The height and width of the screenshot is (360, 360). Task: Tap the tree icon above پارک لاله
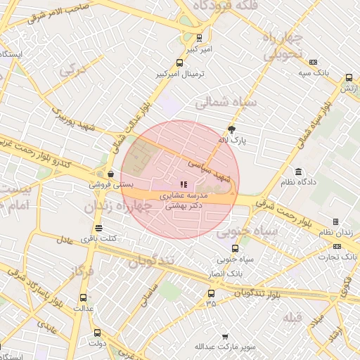tap(232, 129)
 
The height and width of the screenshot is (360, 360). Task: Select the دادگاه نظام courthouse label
tap(300, 182)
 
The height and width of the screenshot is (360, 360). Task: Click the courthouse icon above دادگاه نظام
tap(299, 172)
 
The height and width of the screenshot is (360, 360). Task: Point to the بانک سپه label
tap(313, 72)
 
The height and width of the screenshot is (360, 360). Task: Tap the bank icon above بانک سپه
tap(313, 62)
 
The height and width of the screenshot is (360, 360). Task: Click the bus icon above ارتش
tap(349, 78)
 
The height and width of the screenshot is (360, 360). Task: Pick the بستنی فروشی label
tap(110, 184)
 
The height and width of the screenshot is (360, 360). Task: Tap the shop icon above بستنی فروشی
tap(110, 174)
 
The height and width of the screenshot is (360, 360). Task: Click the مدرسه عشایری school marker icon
tap(184, 185)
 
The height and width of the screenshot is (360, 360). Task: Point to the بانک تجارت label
tap(336, 257)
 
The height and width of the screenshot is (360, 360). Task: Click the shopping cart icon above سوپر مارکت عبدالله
tap(225, 337)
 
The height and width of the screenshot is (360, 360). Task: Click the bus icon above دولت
tap(96, 333)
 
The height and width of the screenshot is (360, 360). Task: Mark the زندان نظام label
tap(335, 232)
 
